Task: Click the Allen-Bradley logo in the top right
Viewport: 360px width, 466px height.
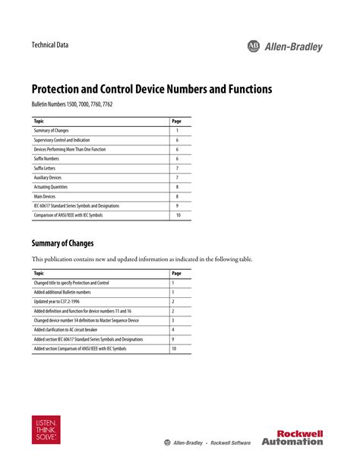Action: coord(285,46)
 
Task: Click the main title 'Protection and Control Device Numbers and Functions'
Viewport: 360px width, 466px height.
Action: coord(151,89)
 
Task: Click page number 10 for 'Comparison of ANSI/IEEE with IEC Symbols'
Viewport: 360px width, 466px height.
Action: coord(178,215)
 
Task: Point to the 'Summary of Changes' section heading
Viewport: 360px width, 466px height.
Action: coord(62,243)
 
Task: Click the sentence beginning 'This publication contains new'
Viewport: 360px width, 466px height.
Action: coord(141,259)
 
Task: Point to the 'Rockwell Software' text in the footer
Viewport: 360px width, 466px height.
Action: coord(232,442)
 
